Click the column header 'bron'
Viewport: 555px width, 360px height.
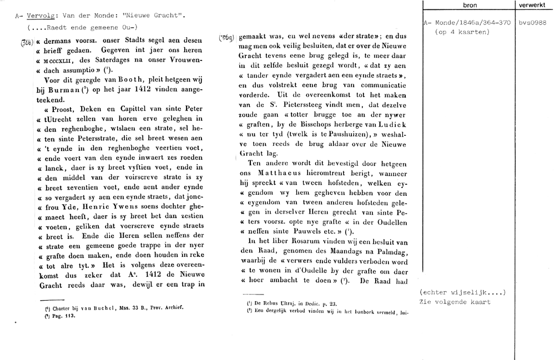(x=469, y=4)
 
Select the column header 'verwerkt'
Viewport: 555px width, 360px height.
(x=532, y=4)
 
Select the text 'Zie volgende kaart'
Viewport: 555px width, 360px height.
(x=456, y=302)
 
